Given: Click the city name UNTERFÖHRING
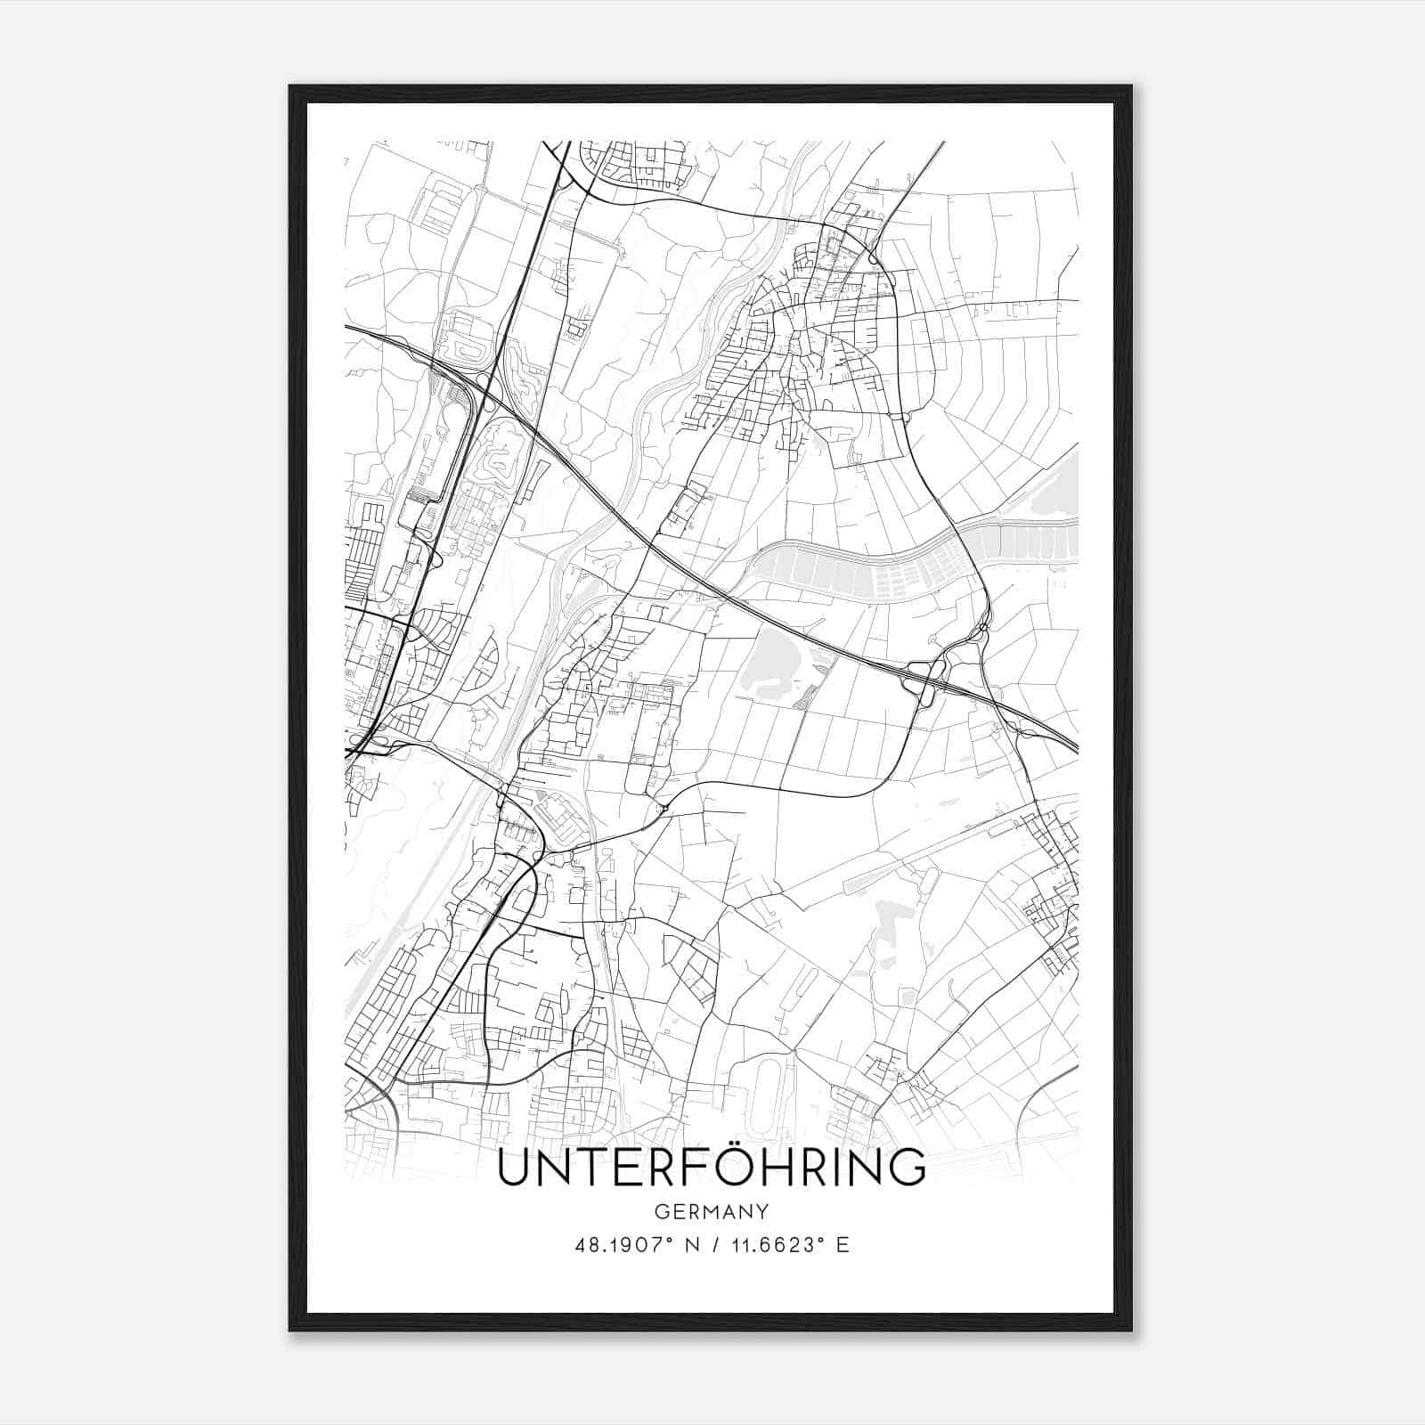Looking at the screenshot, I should [711, 1168].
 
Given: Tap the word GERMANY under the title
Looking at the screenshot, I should [711, 1211].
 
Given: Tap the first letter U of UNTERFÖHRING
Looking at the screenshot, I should [515, 1169].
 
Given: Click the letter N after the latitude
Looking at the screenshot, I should [687, 1245].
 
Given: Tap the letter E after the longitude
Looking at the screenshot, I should [843, 1245].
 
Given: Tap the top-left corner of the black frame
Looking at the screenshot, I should [290, 86].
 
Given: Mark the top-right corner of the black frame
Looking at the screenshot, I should [1130, 86].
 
